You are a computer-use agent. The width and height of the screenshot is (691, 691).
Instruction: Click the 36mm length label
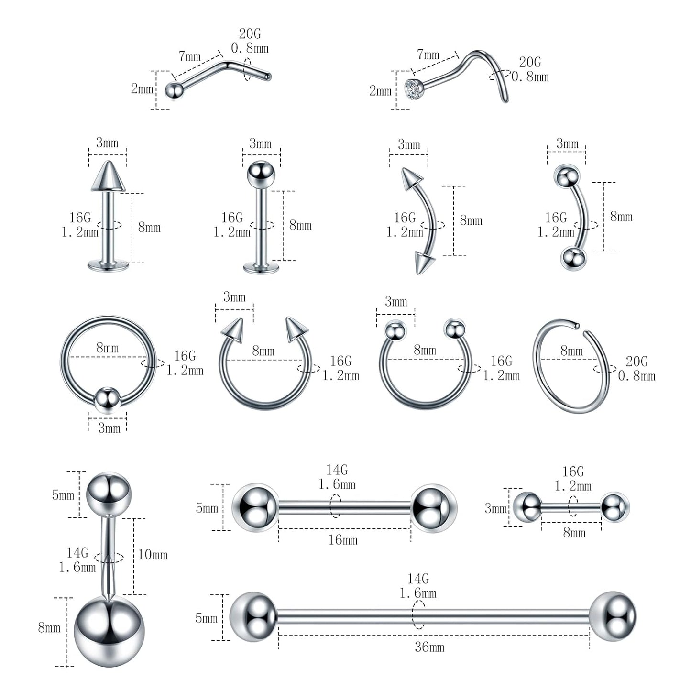pyautogui.click(x=429, y=647)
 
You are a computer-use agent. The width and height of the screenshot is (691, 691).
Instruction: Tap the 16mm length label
pyautogui.click(x=342, y=540)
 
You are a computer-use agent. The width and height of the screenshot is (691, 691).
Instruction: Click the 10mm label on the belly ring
pyautogui.click(x=153, y=555)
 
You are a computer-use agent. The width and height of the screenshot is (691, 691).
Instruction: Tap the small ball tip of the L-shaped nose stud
pyautogui.click(x=174, y=90)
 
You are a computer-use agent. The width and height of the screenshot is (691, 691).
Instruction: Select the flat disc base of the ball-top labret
pyautogui.click(x=261, y=268)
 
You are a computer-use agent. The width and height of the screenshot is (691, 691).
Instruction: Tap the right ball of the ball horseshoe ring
pyautogui.click(x=454, y=329)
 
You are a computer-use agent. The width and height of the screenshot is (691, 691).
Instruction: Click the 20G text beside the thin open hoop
pyautogui.click(x=636, y=361)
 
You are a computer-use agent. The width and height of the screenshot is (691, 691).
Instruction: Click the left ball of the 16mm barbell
pyautogui.click(x=255, y=507)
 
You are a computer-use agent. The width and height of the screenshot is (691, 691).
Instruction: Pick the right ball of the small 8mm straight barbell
pyautogui.click(x=614, y=506)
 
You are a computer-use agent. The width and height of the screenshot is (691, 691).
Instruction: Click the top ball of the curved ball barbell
pyautogui.click(x=567, y=176)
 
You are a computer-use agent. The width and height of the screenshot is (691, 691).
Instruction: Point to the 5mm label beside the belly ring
pyautogui.click(x=63, y=494)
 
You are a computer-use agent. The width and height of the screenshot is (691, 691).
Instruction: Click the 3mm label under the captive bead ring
pyautogui.click(x=109, y=428)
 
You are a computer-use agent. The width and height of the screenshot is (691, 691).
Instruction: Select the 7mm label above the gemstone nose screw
pyautogui.click(x=428, y=55)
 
